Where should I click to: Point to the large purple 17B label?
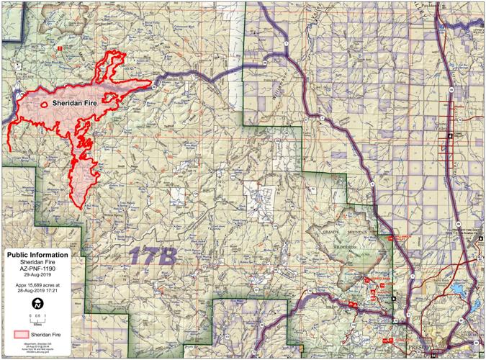click(x=153, y=255)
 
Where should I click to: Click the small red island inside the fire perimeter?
click(x=45, y=105)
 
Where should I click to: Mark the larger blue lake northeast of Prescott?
click(x=458, y=291)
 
